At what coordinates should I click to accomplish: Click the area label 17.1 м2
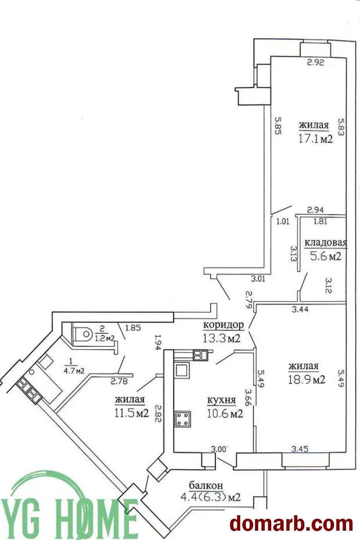click(315, 139)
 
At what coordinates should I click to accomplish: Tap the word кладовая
click(326, 243)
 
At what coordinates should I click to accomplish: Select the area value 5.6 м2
click(326, 256)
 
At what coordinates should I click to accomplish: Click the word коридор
click(223, 326)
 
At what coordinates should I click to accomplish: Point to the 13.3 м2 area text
click(221, 338)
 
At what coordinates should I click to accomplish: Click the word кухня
click(221, 400)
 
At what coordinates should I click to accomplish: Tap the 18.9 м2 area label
click(307, 380)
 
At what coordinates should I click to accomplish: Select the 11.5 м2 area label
click(132, 413)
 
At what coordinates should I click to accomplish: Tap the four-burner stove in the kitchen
click(183, 419)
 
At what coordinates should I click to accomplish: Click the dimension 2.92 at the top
click(315, 63)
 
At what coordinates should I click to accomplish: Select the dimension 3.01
click(258, 279)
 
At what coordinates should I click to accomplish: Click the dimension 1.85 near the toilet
click(133, 328)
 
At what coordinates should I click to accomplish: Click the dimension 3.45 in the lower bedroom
click(300, 449)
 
